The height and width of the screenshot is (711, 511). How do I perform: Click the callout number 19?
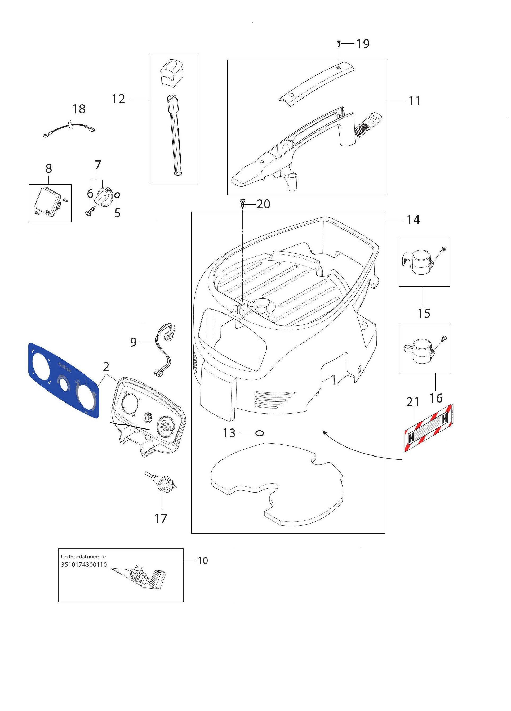tap(363, 44)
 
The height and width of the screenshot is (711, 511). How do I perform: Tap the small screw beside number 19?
tap(339, 43)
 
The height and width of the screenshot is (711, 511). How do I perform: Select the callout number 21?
tap(412, 402)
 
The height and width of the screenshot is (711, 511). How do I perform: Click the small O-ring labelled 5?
tap(117, 195)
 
